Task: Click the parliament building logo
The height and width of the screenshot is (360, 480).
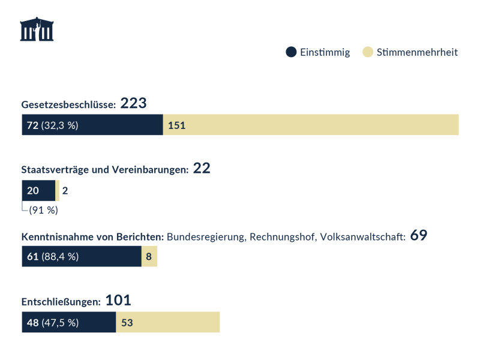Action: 37,30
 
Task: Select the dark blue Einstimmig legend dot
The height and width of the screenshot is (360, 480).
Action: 292,52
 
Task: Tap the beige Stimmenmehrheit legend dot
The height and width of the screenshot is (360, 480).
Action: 368,52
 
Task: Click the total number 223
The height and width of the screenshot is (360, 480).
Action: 133,104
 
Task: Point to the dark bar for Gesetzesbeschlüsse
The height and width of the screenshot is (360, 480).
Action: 92,125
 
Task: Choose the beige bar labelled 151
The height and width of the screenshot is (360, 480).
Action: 311,125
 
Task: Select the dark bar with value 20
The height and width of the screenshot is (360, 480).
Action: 38,191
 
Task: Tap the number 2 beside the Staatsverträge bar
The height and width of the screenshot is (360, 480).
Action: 65,191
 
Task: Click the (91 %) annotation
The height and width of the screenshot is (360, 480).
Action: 43,210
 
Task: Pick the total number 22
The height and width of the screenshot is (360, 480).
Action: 202,169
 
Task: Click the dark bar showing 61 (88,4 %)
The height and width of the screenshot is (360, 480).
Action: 82,257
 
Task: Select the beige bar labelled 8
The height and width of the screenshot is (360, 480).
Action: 149,257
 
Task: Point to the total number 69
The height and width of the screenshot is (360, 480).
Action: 419,235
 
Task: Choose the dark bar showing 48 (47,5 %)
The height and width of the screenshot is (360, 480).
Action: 68,322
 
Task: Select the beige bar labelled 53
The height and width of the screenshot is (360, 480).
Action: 168,322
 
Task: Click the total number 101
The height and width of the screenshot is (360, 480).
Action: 118,301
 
